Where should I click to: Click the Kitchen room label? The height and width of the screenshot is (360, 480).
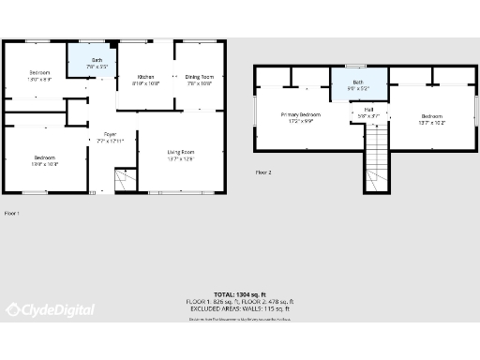point(146,77)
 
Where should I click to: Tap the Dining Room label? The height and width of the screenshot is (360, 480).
point(199,77)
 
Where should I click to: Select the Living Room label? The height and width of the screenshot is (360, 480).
point(181,152)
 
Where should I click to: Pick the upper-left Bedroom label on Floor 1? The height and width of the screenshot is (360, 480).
point(39,72)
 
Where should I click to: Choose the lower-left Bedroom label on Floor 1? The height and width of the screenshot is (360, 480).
point(44,157)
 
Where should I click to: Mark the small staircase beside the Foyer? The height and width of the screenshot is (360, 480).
point(123,180)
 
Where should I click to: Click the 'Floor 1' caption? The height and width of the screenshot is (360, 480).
point(11,214)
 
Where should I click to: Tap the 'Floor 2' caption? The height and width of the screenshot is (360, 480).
point(263,172)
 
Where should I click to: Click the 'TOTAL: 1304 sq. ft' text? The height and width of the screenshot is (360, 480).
point(240,294)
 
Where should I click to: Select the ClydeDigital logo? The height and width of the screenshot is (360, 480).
point(51,309)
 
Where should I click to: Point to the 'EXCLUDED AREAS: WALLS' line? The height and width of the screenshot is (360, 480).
point(240,308)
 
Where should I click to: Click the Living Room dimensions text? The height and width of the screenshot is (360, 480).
point(181,158)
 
